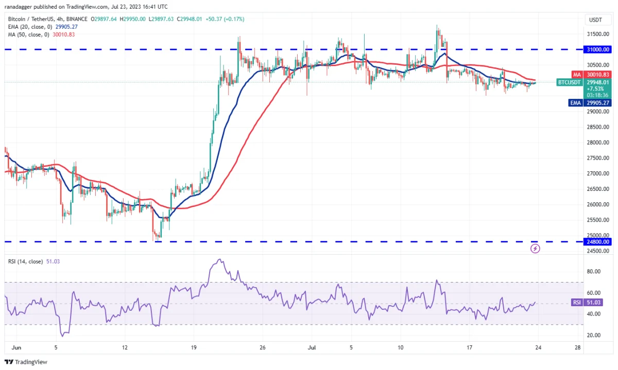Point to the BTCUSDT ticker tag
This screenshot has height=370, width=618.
[x=569, y=82]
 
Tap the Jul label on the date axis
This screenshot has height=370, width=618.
[x=311, y=347]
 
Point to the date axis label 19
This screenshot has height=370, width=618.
[x=193, y=347]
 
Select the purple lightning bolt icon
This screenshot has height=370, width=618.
[x=536, y=249]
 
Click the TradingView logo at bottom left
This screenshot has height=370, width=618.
[x=26, y=362]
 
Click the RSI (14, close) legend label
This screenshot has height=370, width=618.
[x=26, y=261]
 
